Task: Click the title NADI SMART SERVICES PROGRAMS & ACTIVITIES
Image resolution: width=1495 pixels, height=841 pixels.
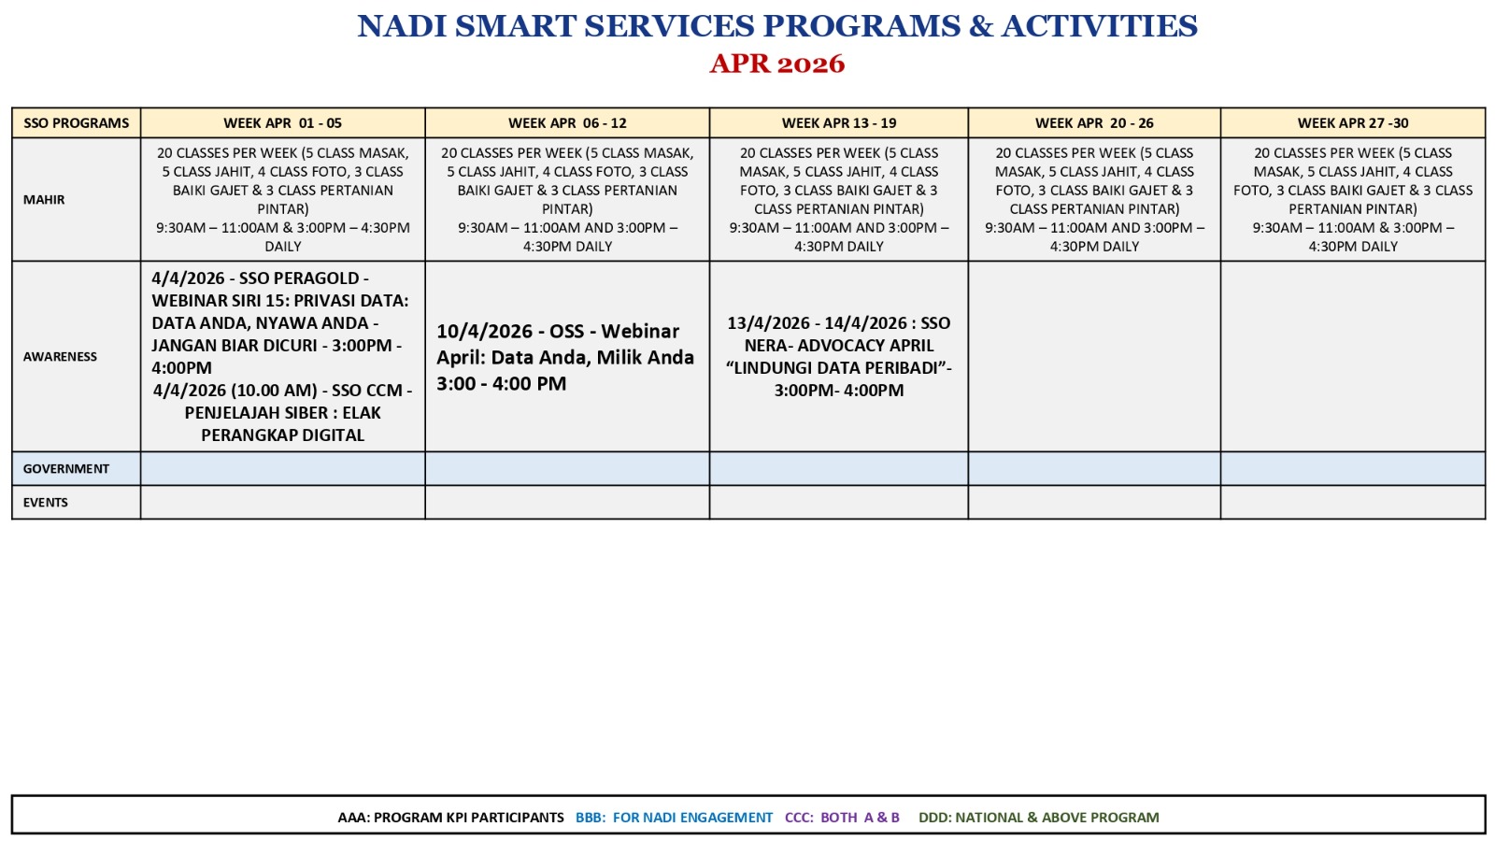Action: pos(776,27)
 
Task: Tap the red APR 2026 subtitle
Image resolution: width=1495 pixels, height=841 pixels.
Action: pos(776,64)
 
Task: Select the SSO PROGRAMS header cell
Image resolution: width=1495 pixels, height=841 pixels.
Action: pos(76,122)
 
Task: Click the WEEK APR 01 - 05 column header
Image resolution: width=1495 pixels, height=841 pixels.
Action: pos(282,122)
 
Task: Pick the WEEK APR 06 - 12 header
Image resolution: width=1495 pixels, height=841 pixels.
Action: pos(567,122)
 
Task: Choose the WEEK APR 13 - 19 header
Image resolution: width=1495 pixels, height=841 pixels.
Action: pos(839,122)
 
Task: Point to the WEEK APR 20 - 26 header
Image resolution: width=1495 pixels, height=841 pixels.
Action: pos(1094,122)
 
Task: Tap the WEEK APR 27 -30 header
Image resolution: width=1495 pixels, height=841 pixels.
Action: pos(1353,122)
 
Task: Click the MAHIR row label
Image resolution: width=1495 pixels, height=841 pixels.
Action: pos(44,200)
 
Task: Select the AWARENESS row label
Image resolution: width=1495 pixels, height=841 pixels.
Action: pos(60,356)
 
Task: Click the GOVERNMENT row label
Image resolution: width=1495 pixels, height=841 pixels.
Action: pos(66,468)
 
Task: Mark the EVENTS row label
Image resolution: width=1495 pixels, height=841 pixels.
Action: pos(46,502)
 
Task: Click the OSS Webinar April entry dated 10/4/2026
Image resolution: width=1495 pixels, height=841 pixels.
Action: pos(565,357)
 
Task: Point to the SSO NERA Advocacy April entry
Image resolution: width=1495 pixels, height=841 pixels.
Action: pos(839,356)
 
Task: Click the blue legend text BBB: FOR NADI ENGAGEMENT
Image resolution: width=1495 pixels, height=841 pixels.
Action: pos(674,817)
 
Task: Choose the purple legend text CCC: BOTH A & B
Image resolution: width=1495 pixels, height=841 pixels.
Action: pos(842,817)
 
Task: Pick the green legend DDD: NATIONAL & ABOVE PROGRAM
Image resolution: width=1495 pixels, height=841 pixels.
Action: pos(1038,817)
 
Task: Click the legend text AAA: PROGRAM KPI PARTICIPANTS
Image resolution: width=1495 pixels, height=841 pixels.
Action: pos(450,817)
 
